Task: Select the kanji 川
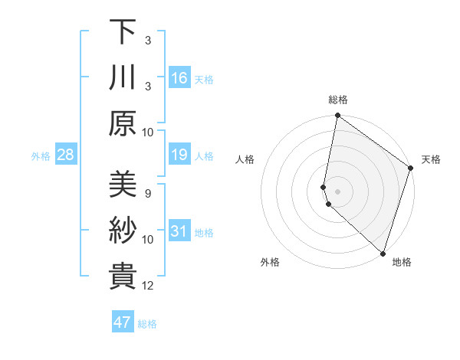pyautogui.click(x=123, y=77)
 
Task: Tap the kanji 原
pyautogui.click(x=123, y=123)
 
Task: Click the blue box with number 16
pyautogui.click(x=179, y=78)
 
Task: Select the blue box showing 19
pyautogui.click(x=179, y=155)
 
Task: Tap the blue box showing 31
pyautogui.click(x=179, y=232)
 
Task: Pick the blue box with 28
pyautogui.click(x=66, y=155)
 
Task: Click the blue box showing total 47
pyautogui.click(x=123, y=322)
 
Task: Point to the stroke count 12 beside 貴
pyautogui.click(x=149, y=286)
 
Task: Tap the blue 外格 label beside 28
pyautogui.click(x=41, y=156)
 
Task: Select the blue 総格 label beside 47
pyautogui.click(x=147, y=324)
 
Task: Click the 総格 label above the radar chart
pyautogui.click(x=338, y=100)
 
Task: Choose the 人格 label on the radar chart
pyautogui.click(x=245, y=159)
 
